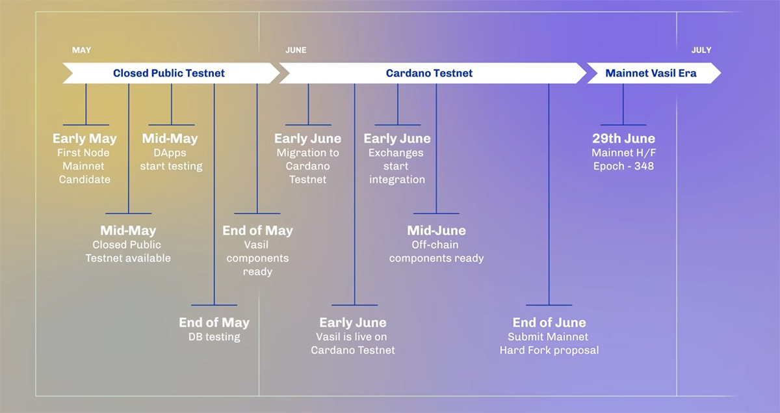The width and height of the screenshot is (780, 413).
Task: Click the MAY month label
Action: click(81, 50)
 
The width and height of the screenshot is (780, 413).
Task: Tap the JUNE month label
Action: click(296, 50)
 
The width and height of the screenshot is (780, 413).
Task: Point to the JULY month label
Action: click(701, 50)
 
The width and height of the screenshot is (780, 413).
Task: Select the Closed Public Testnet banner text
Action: click(169, 73)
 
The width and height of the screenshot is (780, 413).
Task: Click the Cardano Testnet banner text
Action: click(429, 73)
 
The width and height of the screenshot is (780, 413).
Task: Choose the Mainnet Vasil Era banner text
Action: click(651, 73)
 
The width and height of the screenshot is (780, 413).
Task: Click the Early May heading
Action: click(84, 139)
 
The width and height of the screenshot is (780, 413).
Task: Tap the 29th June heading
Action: click(623, 139)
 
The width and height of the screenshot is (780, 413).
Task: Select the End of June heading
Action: click(549, 323)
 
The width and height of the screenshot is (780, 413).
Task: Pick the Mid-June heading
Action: click(436, 230)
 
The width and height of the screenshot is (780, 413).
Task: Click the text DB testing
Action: click(214, 337)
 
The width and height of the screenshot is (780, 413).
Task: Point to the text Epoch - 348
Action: click(623, 166)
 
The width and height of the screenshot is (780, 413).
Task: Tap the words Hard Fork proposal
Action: click(549, 350)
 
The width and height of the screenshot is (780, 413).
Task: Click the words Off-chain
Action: click(435, 245)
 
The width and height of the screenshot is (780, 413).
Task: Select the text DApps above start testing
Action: click(170, 153)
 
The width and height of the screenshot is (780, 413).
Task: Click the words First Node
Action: click(83, 153)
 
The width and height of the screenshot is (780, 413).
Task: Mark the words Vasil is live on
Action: click(352, 337)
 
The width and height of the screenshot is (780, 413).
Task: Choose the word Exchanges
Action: click(396, 153)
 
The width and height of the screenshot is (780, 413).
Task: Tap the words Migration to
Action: click(308, 153)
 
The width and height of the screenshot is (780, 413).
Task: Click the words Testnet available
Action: click(128, 258)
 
